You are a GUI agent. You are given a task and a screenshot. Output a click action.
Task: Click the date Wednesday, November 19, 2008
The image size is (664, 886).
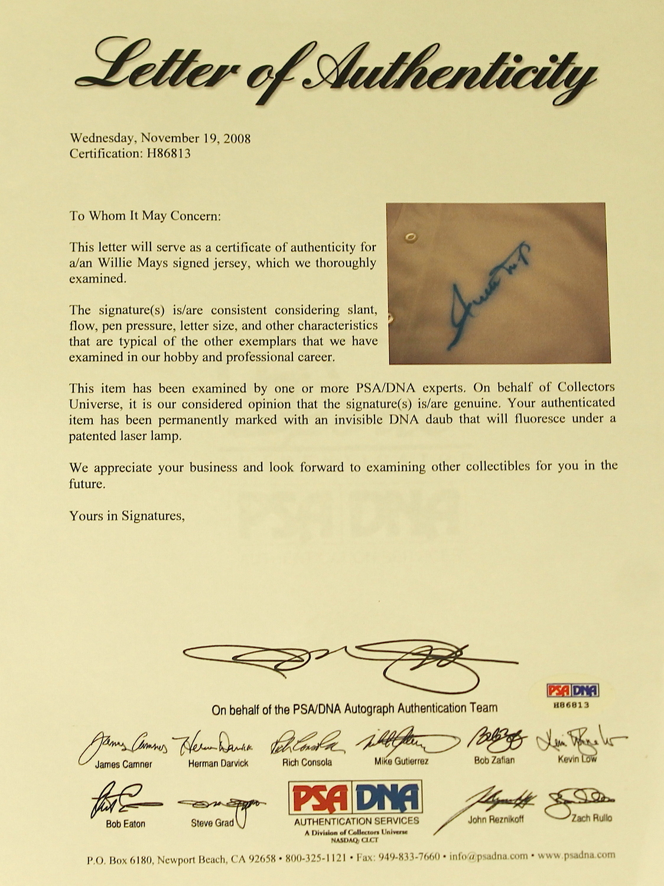[x=160, y=138]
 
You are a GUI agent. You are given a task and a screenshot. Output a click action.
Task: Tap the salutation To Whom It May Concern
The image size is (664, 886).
[x=145, y=216]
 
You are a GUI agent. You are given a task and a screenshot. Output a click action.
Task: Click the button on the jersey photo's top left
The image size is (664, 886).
[x=410, y=237]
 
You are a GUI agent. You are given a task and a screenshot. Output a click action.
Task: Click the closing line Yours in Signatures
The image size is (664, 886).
[x=127, y=516]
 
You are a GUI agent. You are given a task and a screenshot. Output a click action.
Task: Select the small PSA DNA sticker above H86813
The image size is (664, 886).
[x=572, y=690]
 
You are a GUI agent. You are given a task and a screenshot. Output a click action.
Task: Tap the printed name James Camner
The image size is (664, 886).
[x=123, y=764]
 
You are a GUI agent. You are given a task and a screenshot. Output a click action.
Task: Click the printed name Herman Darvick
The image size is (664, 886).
[x=218, y=764]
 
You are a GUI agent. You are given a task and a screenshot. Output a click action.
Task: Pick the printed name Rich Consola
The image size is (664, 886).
[x=307, y=763]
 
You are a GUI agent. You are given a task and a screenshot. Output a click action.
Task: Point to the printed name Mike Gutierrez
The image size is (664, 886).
[x=401, y=761]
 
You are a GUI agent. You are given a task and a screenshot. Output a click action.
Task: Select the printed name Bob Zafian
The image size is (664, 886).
[x=494, y=760]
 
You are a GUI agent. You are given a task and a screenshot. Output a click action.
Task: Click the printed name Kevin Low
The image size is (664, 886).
[x=577, y=759]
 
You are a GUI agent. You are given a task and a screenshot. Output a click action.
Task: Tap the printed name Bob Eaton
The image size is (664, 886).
[x=125, y=824]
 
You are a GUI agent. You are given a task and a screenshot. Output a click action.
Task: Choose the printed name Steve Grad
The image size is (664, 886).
[x=212, y=823]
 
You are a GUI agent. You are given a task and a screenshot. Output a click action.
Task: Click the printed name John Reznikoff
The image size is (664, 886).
[x=495, y=819]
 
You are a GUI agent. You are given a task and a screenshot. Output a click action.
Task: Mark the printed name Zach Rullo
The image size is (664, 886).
[x=591, y=818]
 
